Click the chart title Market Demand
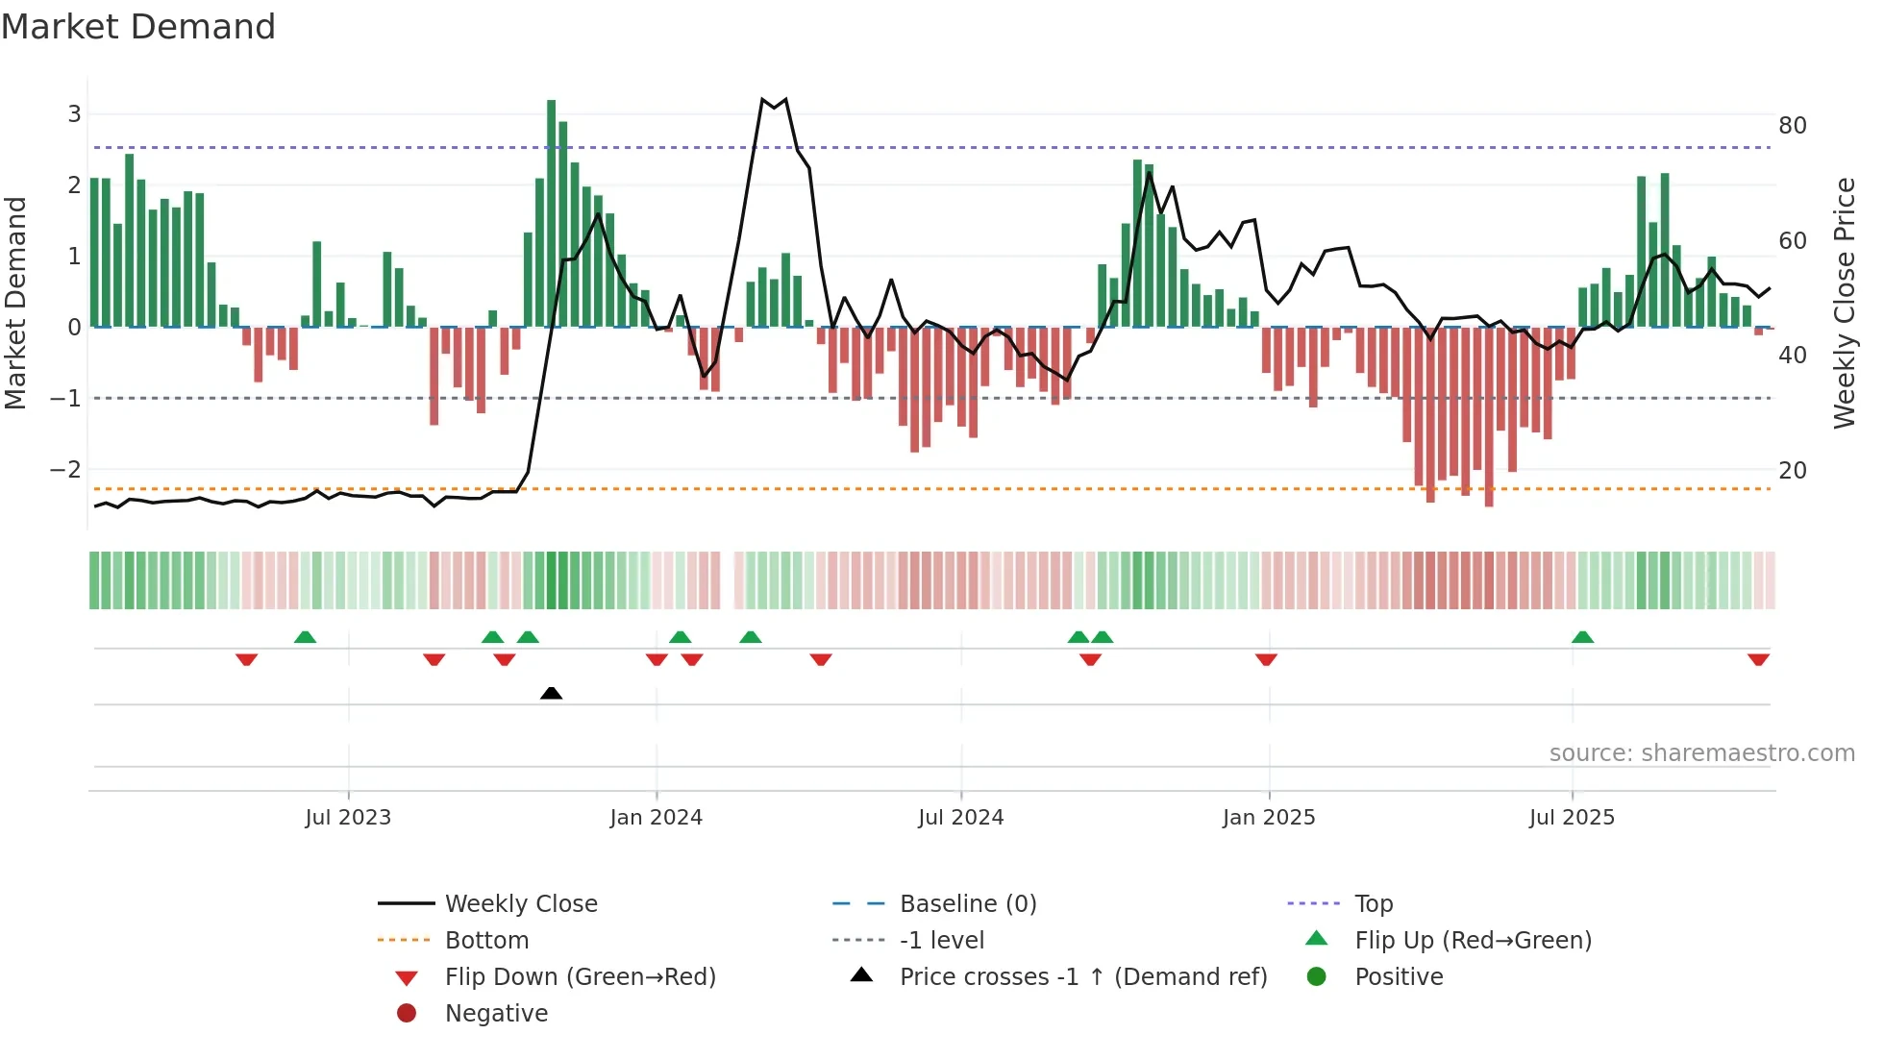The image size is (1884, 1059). pyautogui.click(x=138, y=27)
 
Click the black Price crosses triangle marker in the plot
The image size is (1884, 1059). pyautogui.click(x=551, y=693)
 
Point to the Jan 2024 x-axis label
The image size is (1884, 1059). pyautogui.click(x=656, y=818)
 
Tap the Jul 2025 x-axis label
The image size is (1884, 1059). pyautogui.click(x=1572, y=818)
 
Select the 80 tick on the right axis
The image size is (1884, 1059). pyautogui.click(x=1792, y=126)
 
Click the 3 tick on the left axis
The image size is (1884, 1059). pyautogui.click(x=74, y=114)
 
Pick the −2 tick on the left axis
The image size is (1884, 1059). pyautogui.click(x=65, y=470)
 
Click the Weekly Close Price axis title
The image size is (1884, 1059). pyautogui.click(x=1844, y=303)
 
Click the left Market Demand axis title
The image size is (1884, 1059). pyautogui.click(x=15, y=303)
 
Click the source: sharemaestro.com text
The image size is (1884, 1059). pyautogui.click(x=1701, y=753)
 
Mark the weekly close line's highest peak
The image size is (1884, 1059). pyautogui.click(x=762, y=99)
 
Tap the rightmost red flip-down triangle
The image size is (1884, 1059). pyautogui.click(x=1758, y=659)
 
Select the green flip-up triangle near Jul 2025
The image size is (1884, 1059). pyautogui.click(x=1582, y=637)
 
